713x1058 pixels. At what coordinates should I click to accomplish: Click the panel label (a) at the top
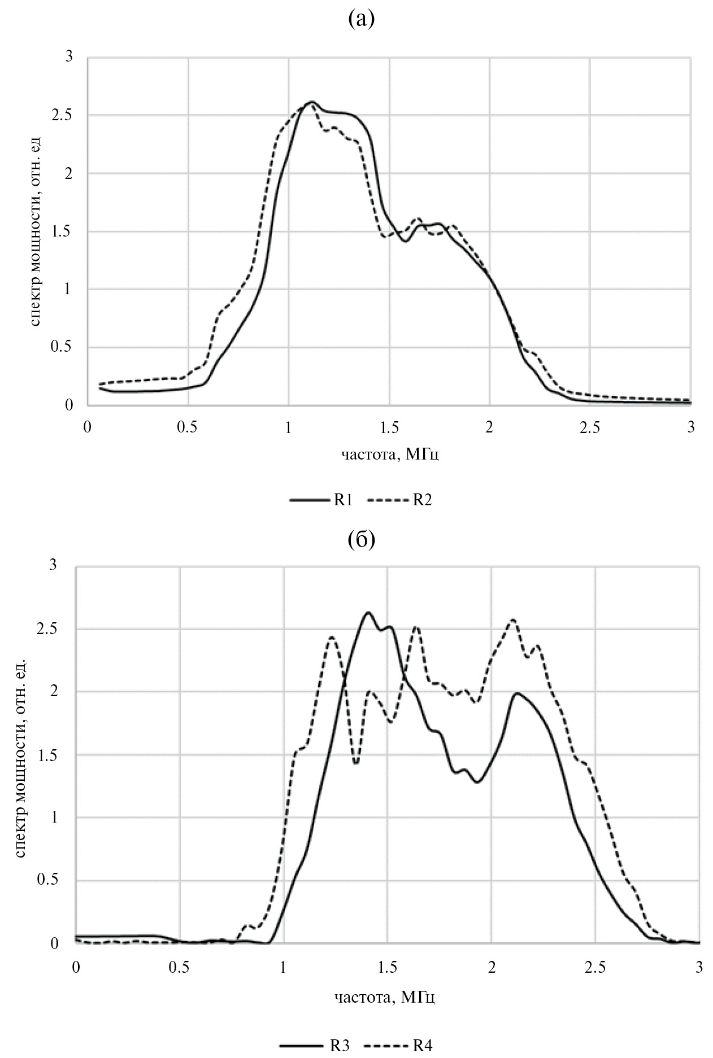point(362,20)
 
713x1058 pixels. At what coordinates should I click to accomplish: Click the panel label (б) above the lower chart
point(362,540)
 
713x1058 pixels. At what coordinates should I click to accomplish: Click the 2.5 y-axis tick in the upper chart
point(67,115)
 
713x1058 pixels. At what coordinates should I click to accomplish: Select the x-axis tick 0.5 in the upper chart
point(188,427)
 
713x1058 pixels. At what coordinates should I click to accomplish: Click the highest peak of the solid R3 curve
point(368,612)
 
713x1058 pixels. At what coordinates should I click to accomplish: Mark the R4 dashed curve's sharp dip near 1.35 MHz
point(356,763)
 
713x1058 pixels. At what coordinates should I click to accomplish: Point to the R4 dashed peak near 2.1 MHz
point(513,619)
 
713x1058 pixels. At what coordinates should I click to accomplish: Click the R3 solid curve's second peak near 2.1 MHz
point(517,693)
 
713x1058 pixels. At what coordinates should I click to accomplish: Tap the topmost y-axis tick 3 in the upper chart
point(70,57)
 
